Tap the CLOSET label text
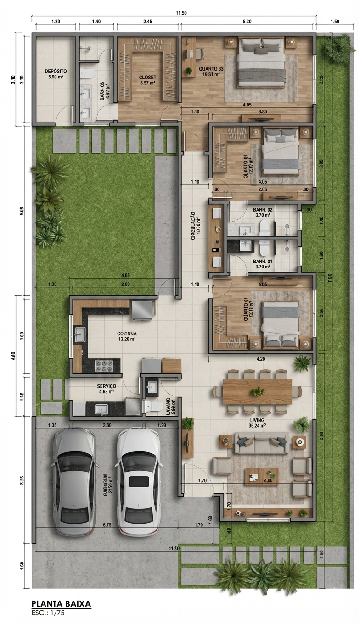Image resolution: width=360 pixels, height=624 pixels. point(147,78)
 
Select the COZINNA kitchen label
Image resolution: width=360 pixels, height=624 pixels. point(126,334)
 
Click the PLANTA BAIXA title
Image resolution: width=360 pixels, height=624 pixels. point(62,603)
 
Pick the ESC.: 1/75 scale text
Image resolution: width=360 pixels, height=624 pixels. point(50,613)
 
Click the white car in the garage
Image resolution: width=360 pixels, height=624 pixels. point(137,482)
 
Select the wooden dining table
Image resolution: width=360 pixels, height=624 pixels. point(257,391)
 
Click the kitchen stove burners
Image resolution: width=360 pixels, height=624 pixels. point(104,365)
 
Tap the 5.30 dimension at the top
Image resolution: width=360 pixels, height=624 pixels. point(247,21)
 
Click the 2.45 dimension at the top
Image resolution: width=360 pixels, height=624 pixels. point(147,21)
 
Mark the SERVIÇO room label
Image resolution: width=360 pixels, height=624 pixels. point(107,386)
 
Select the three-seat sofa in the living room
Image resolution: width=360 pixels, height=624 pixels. point(261,443)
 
